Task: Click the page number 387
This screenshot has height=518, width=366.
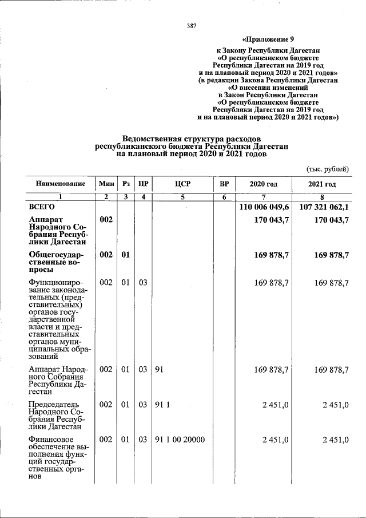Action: [192, 26]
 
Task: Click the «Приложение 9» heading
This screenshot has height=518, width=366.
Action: [268, 39]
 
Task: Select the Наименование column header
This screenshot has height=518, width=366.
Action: [61, 184]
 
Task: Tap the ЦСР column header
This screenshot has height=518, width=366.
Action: [182, 184]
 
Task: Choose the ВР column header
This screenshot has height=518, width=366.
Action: [224, 184]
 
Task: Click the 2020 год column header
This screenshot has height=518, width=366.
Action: [264, 184]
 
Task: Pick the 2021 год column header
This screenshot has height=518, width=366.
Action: [322, 184]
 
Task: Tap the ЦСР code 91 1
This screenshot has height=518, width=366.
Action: [162, 405]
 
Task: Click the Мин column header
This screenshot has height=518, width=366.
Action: [106, 184]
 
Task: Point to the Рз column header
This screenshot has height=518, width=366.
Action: [126, 184]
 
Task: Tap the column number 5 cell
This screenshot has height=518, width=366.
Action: [182, 197]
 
